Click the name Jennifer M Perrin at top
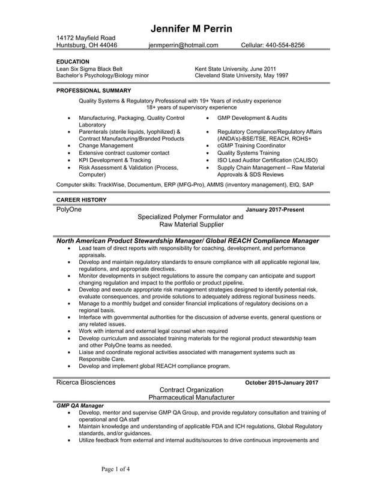[x=191, y=29]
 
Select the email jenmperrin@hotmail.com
[x=184, y=45]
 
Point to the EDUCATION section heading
[x=73, y=62]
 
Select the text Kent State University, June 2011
[x=235, y=69]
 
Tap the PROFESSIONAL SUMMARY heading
[x=93, y=90]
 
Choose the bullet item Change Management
[x=106, y=146]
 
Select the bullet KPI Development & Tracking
[x=115, y=160]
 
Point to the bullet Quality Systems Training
[x=248, y=153]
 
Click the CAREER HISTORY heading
[x=81, y=200]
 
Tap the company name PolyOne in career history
[x=68, y=210]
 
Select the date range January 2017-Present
[x=275, y=210]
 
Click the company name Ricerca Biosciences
[x=86, y=382]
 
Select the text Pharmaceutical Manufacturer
[x=191, y=397]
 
